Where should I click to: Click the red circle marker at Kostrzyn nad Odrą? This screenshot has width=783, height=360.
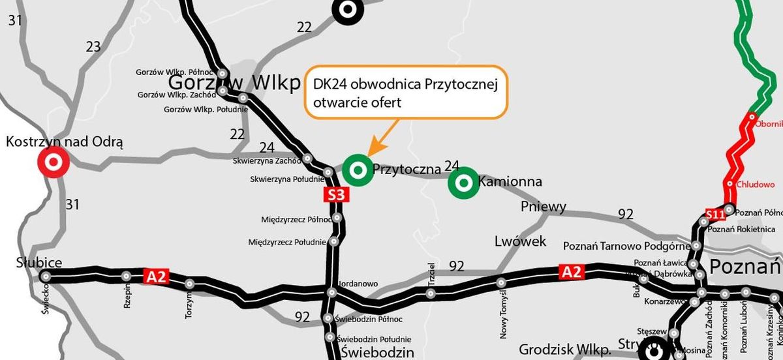(x=54, y=162)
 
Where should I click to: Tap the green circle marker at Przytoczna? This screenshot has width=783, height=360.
(x=357, y=170)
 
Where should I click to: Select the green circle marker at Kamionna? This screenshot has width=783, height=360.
(x=463, y=183)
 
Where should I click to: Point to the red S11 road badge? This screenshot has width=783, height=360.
(x=714, y=214)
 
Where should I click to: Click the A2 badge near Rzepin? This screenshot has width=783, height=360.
(x=157, y=277)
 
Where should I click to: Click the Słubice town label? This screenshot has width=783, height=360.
(x=39, y=263)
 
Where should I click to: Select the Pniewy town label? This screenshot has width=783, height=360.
(x=543, y=207)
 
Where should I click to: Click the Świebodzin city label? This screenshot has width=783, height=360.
(x=378, y=353)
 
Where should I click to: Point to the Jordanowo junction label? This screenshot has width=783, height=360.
(x=358, y=284)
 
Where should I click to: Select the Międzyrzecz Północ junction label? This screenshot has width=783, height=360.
(x=296, y=219)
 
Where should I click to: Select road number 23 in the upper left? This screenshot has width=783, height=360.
(x=93, y=46)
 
